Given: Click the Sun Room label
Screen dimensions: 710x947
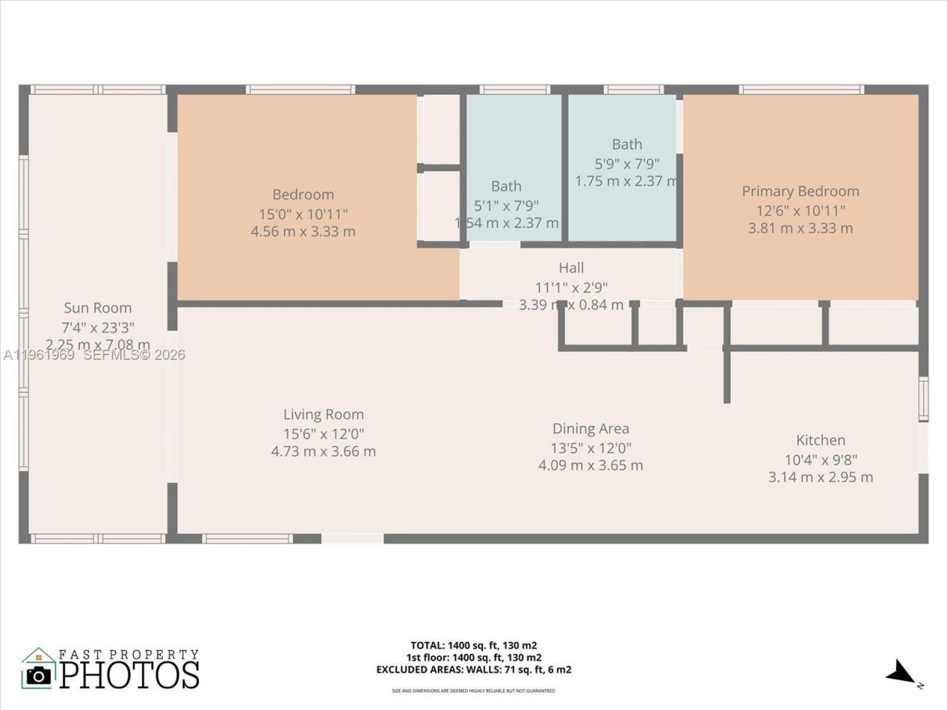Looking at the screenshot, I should coord(98,308).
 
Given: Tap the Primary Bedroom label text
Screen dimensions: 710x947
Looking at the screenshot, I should coord(801,191).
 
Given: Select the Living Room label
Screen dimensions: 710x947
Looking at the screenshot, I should coord(323,414).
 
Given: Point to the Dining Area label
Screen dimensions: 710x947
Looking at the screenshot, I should coord(590,428).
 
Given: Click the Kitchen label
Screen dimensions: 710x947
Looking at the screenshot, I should coord(820,439).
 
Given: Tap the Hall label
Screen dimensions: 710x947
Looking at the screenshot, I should coord(571,268).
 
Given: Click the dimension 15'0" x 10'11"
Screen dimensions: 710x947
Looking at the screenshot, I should coord(303,214).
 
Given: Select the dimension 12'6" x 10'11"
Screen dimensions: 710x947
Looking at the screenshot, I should coord(801,210).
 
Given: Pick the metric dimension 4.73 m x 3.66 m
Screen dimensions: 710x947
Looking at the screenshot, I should coord(323,451).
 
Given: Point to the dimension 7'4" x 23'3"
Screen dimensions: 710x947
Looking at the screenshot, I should coord(98,327).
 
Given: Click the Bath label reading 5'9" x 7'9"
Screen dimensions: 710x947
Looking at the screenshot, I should coord(627,144).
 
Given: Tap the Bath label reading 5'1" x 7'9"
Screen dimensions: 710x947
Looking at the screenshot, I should coord(506,186).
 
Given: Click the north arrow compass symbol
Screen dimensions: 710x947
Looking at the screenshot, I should coord(902,672).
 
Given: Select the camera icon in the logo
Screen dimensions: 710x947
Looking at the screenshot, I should coord(38,674).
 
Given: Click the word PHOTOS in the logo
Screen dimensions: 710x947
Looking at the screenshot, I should coord(129,674).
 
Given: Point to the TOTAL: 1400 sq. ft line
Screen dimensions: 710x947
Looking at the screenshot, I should coord(473,645).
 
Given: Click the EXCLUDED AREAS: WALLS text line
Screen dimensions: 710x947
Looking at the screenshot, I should coord(473,670).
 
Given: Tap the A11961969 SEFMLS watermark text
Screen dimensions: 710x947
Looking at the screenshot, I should coord(94,355).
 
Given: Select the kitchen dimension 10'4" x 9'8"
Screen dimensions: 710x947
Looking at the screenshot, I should coord(820,459).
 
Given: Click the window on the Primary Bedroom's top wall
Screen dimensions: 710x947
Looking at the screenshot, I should coord(801,89).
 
